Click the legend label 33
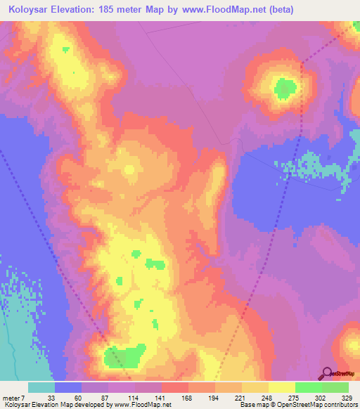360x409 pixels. (51, 398)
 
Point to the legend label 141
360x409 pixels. (160, 398)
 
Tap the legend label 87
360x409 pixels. (105, 398)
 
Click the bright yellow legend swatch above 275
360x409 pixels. (281, 387)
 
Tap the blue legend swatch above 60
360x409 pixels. (68, 387)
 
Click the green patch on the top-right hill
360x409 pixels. (285, 89)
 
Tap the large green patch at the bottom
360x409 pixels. (124, 356)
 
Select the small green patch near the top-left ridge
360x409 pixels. (65, 49)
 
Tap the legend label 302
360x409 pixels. (322, 398)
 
